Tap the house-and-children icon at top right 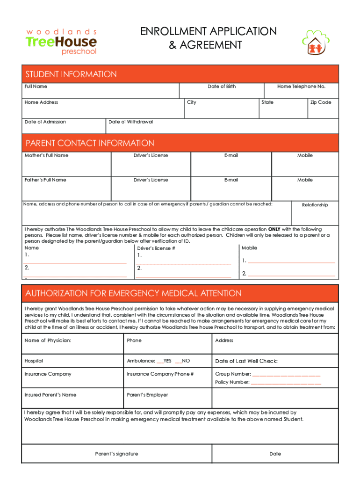(318, 43)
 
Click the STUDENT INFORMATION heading (71, 74)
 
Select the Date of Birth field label (222, 87)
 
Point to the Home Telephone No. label (301, 87)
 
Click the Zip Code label (321, 102)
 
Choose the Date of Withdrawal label (130, 122)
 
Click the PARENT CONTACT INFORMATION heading (90, 143)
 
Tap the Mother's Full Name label (46, 155)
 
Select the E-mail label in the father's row (231, 180)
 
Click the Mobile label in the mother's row (305, 155)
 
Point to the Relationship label (315, 205)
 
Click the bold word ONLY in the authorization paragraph (274, 230)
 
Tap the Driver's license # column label (156, 248)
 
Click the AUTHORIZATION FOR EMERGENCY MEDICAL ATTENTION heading (133, 293)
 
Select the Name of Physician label (48, 341)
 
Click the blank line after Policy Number (286, 383)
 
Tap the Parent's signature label (116, 454)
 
